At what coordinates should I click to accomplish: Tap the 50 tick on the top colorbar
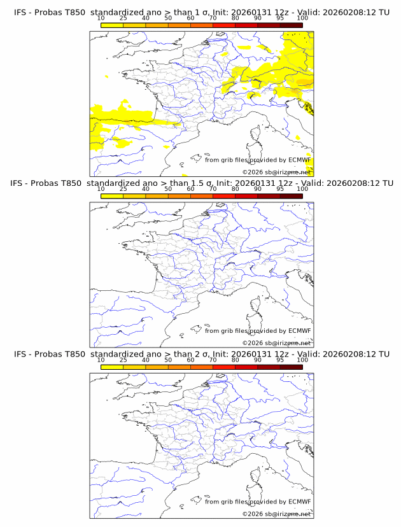pyautogui.click(x=168, y=18)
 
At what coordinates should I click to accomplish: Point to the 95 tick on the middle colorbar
pyautogui.click(x=280, y=189)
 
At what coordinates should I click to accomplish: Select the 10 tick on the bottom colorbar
pyautogui.click(x=101, y=360)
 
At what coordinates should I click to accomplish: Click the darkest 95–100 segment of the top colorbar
pyautogui.click(x=291, y=25)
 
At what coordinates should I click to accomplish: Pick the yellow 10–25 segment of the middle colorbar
pyautogui.click(x=112, y=195)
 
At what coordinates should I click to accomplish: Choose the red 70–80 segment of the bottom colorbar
pyautogui.click(x=223, y=366)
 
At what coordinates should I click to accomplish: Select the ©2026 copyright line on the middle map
pyautogui.click(x=276, y=343)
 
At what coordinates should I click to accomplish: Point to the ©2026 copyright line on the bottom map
pyautogui.click(x=276, y=514)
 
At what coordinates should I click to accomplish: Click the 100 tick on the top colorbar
pyautogui.click(x=302, y=18)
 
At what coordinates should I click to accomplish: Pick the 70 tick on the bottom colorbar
pyautogui.click(x=213, y=360)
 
